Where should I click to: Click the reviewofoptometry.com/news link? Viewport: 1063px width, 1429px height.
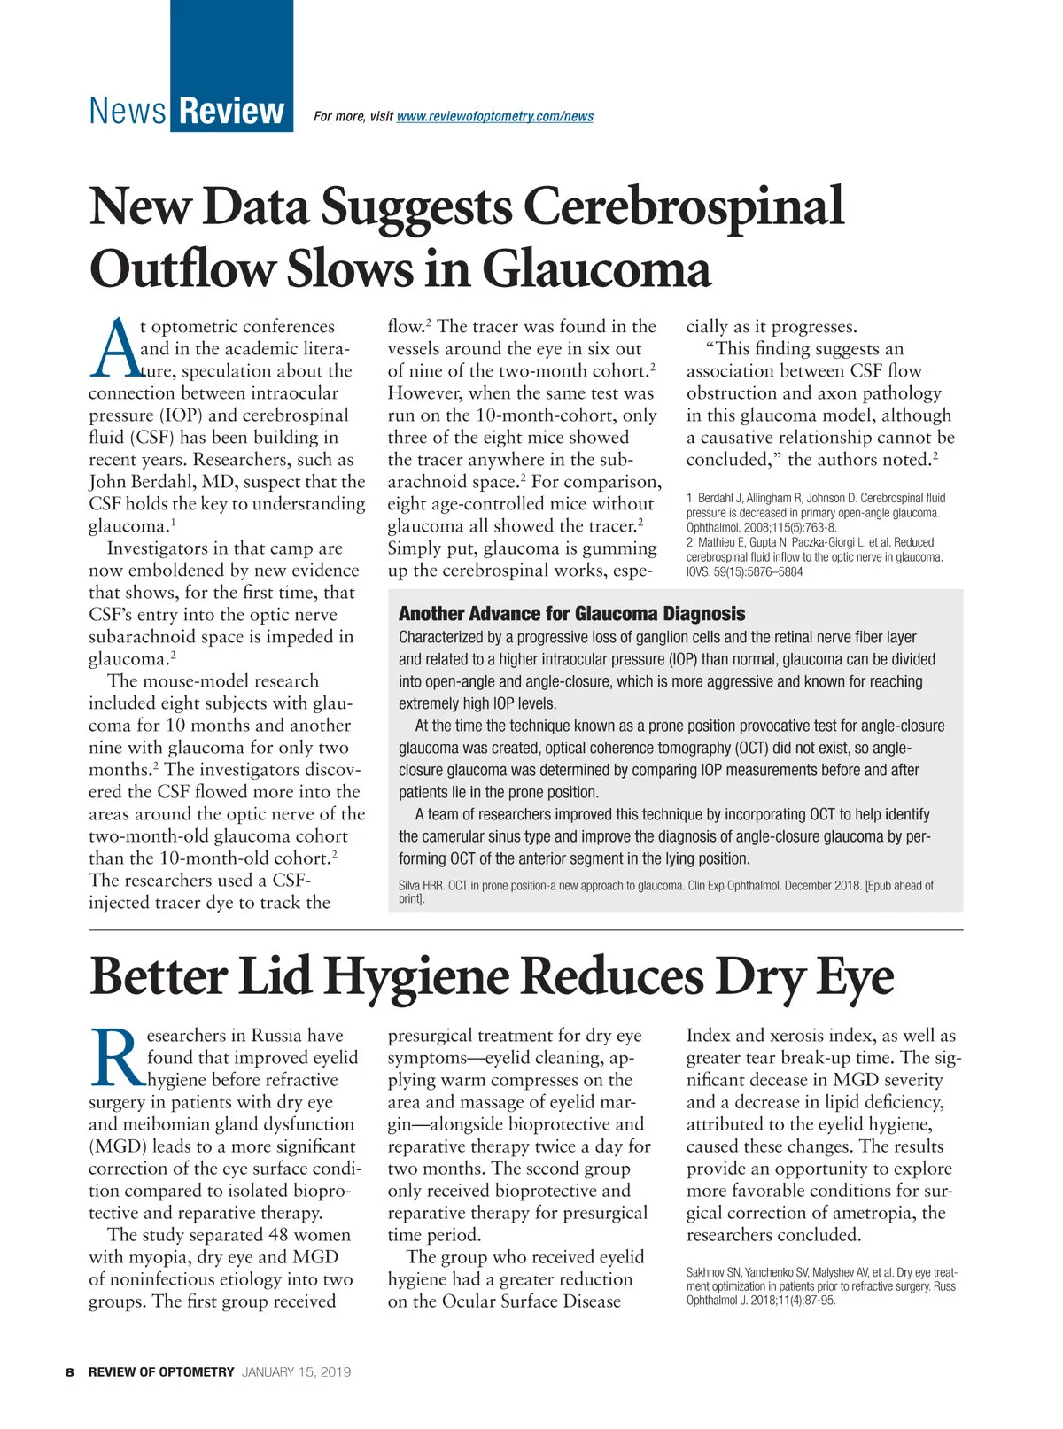coord(495,117)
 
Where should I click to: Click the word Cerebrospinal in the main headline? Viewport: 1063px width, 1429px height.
coord(683,206)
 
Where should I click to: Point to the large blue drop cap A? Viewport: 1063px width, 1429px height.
coord(113,349)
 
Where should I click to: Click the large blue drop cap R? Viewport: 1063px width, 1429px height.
coord(115,1058)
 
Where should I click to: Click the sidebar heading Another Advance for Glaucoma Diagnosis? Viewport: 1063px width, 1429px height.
coord(571,614)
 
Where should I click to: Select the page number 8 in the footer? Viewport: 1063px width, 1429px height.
coord(70,1372)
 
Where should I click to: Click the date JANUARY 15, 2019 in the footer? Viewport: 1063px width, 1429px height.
coord(296,1372)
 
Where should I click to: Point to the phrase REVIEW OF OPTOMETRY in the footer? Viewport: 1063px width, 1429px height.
coord(161,1372)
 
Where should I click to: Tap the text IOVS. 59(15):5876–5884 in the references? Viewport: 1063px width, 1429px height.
coord(744,572)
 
